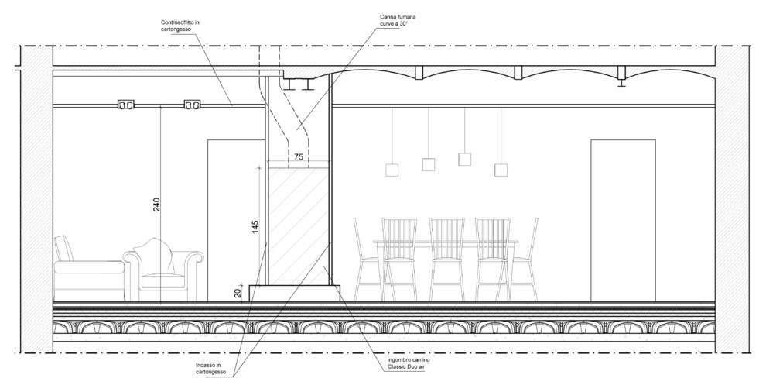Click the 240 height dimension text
click(156, 205)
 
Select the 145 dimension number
click(255, 226)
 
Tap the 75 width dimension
click(299, 156)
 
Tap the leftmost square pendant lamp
click(391, 169)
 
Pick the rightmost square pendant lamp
click(501, 169)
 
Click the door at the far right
click(623, 221)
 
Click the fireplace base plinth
click(295, 293)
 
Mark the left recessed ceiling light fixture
click(125, 103)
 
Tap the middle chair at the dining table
click(446, 260)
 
